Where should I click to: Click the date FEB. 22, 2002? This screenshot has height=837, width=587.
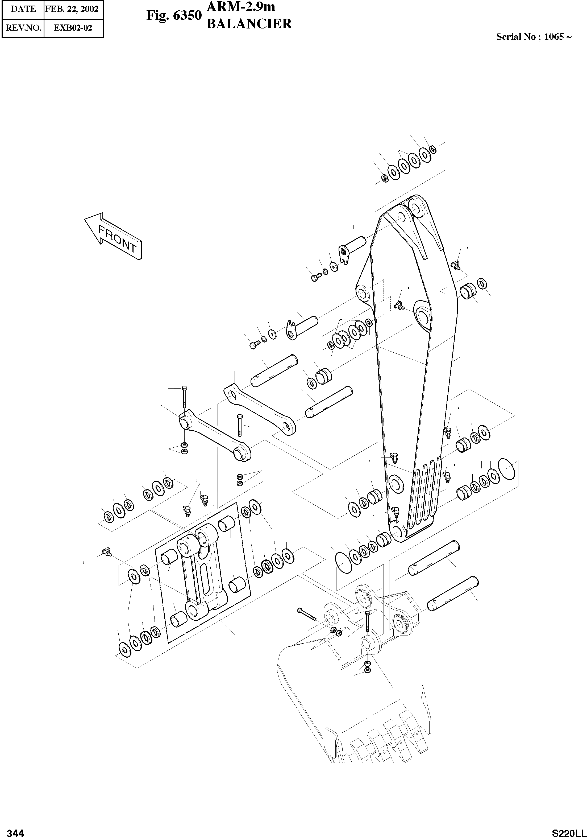point(74,9)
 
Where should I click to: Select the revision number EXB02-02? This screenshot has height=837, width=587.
point(73,28)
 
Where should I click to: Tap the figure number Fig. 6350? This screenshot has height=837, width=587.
point(174,15)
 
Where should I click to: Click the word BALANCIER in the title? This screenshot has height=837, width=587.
point(249,24)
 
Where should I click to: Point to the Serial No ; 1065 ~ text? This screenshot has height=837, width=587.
point(534,37)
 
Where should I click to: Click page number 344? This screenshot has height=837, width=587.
point(16,830)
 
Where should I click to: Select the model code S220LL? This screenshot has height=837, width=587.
point(567,830)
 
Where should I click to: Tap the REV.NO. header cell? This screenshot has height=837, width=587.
point(23,28)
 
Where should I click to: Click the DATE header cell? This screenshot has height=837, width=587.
point(23,9)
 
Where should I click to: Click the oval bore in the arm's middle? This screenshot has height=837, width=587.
point(423,314)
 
